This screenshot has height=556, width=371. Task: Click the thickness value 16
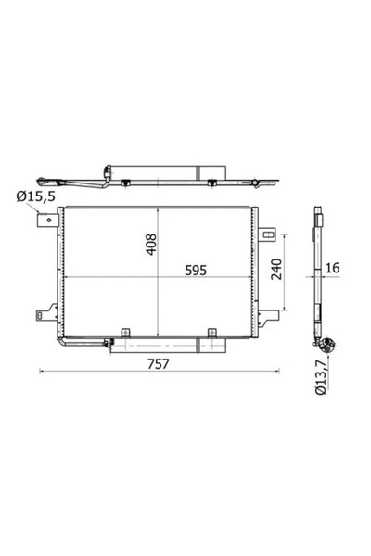(x=336, y=269)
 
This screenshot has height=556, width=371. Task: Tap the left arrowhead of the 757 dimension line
(x=41, y=373)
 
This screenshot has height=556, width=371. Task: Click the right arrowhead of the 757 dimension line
(x=280, y=373)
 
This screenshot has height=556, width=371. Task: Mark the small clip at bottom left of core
(x=122, y=332)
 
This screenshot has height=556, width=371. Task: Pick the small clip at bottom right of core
(x=211, y=332)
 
